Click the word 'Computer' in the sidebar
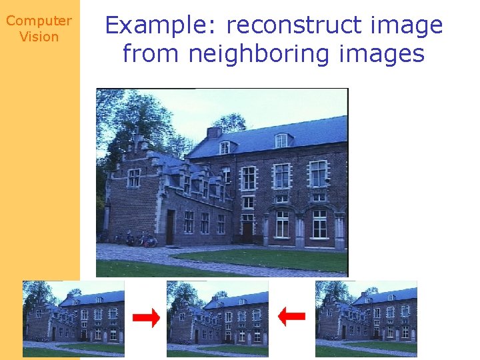[x=39, y=21]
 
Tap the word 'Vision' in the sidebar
[x=39, y=37]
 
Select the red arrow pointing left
[x=291, y=316]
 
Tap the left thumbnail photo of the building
[x=73, y=319]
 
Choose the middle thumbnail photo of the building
[x=217, y=319]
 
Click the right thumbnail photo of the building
[x=366, y=319]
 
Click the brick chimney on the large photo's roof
[x=214, y=132]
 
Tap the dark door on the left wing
[x=171, y=227]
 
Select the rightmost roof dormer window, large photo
[x=281, y=140]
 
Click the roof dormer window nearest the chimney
[x=225, y=147]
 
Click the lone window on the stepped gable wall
[x=134, y=178]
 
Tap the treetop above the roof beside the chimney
[x=231, y=123]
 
